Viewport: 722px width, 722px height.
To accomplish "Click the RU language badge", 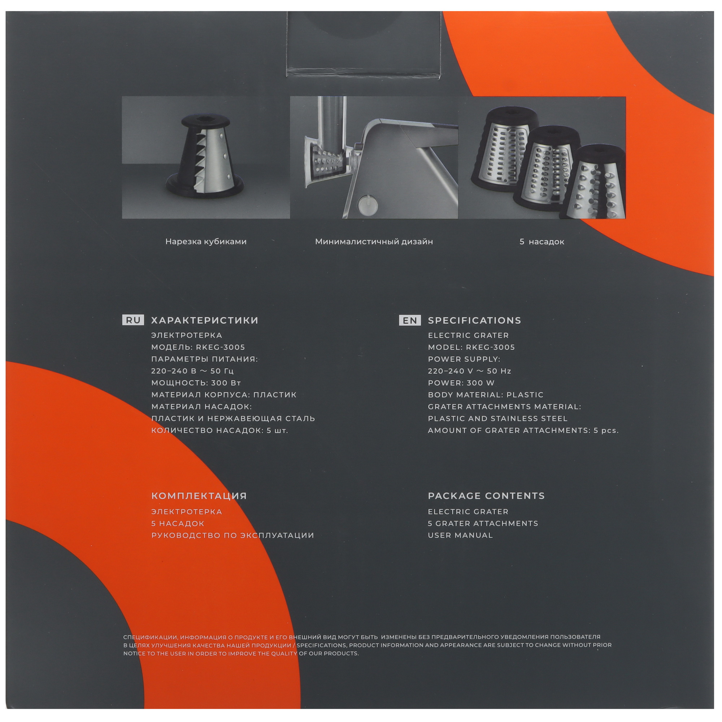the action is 134,320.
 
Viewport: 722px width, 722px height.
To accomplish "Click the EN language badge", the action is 410,320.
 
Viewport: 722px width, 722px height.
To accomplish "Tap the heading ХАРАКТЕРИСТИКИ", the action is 205,320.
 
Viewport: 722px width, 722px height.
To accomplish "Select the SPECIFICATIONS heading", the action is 475,320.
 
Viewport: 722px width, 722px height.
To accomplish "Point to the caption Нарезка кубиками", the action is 206,242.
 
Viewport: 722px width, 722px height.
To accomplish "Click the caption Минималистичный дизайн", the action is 374,242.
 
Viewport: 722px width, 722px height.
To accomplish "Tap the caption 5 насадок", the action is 542,242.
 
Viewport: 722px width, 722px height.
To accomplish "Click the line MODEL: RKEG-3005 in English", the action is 471,347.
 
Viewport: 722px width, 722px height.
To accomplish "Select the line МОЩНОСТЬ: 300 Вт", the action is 196,383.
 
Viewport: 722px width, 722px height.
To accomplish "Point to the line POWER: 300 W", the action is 461,383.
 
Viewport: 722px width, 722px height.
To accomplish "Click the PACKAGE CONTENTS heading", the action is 487,496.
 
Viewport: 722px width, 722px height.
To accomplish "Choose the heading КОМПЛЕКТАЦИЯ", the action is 199,496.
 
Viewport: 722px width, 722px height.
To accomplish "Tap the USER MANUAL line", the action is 460,535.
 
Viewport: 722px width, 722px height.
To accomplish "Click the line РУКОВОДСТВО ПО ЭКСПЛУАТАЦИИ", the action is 233,535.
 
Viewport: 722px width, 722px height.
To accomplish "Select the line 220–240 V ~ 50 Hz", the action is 470,371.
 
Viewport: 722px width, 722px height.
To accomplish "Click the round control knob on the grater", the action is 368,204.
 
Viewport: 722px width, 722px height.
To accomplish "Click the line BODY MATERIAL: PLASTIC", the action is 486,395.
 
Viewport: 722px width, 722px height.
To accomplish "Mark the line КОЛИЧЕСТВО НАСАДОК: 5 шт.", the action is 220,431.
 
